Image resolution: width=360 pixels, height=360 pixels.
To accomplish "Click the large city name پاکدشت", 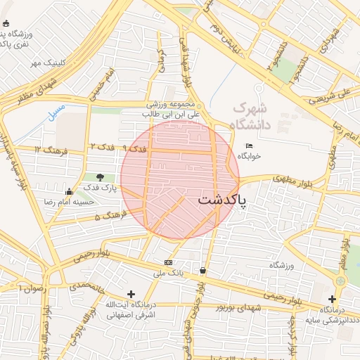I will click(x=222, y=200).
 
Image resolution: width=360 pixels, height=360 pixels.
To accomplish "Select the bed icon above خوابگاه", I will click(x=249, y=146).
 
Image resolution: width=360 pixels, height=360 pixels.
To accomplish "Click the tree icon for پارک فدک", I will click(x=101, y=176).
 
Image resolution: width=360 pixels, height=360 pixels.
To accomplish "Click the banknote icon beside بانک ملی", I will click(x=168, y=262).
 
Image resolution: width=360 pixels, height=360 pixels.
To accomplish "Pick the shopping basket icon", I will click(x=203, y=270).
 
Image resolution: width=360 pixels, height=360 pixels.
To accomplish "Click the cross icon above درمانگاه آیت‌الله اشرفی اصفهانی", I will click(x=131, y=294).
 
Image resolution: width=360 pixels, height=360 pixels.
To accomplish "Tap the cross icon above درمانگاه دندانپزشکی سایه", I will click(x=332, y=299).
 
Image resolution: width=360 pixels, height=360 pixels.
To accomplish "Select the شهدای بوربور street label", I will click(x=239, y=308).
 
